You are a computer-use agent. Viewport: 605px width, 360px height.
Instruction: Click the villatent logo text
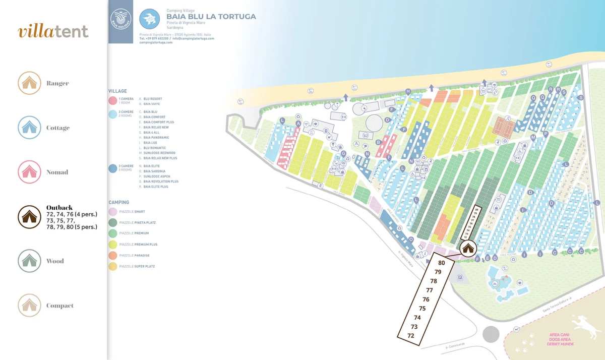point(53,31)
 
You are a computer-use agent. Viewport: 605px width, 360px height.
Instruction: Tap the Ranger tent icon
point(29,83)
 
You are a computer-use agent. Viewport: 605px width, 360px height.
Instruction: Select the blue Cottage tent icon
point(29,128)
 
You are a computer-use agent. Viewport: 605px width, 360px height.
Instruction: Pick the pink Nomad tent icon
point(29,172)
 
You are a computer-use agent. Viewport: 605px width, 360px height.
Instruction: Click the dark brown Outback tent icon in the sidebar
point(29,217)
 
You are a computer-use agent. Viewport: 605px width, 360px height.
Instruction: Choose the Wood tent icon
point(29,261)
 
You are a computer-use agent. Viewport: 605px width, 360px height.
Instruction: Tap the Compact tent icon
point(29,306)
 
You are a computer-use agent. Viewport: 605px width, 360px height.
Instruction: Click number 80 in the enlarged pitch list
point(442,263)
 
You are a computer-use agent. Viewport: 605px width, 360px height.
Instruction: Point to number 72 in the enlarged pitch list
point(411,336)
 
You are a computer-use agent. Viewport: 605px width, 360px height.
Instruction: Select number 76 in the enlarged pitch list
point(426,299)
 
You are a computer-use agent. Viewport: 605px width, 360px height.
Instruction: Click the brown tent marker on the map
point(468,248)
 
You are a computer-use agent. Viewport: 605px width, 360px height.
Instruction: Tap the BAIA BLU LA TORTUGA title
point(211,17)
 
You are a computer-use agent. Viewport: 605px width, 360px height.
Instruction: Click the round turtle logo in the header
point(149,19)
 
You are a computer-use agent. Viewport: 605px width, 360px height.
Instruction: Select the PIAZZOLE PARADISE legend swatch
point(112,255)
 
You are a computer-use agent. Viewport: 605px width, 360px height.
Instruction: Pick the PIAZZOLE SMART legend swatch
point(112,212)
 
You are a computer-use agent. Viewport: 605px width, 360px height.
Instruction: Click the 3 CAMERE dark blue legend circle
point(112,169)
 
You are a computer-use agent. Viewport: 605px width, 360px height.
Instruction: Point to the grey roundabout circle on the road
point(491,334)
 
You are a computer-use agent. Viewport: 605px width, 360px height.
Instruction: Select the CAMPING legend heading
point(118,203)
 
